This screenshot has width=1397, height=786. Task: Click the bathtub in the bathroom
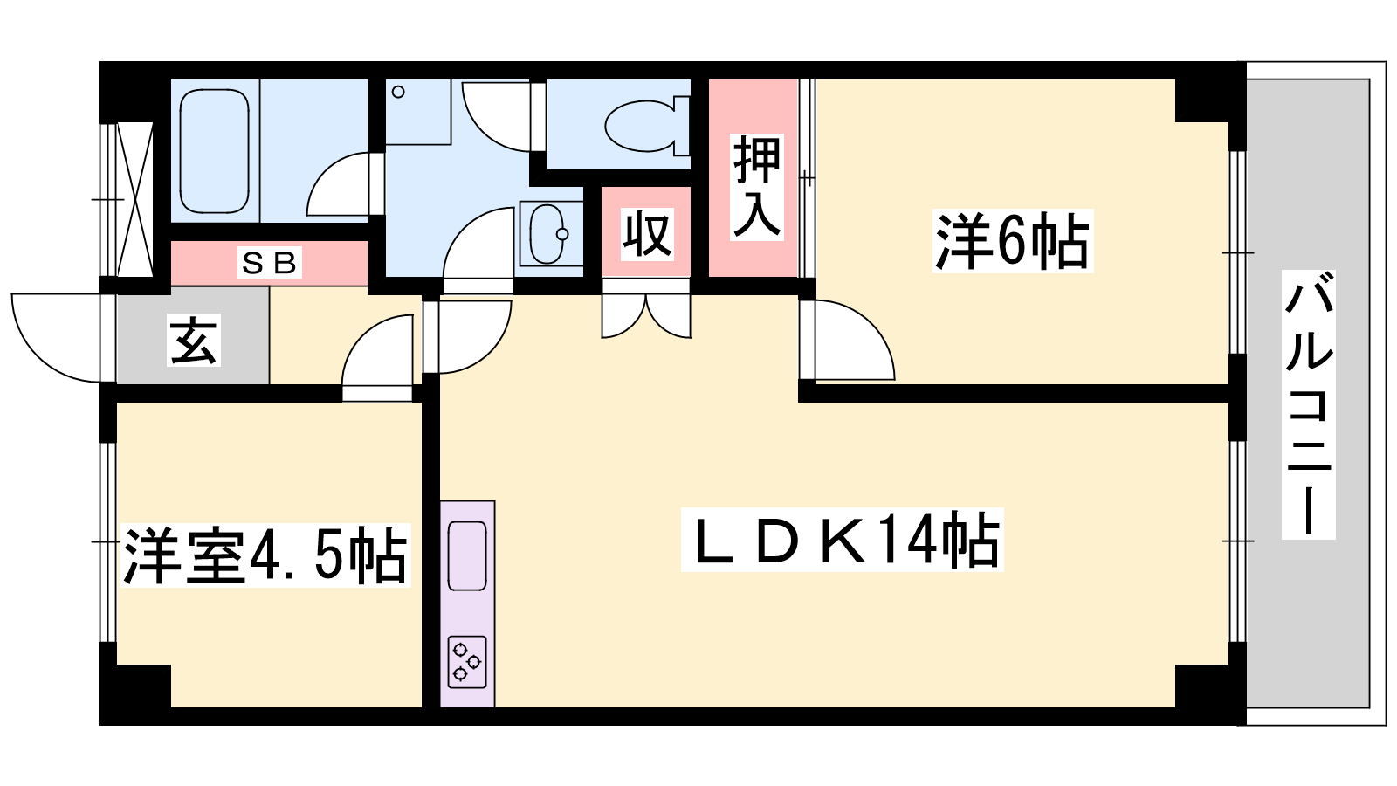214,151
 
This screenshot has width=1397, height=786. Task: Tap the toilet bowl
647,126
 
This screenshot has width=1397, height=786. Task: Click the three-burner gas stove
467,662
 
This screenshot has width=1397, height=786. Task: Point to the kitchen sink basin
467,555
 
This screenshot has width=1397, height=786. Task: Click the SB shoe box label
270,263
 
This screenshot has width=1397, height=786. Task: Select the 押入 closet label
756,187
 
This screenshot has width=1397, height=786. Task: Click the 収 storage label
647,234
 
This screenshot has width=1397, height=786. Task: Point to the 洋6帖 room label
1012,240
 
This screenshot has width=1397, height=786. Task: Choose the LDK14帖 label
842,540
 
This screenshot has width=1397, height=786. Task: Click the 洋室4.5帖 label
265,555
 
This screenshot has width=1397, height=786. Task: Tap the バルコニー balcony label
1309,404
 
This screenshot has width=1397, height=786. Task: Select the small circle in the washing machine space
398,93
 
